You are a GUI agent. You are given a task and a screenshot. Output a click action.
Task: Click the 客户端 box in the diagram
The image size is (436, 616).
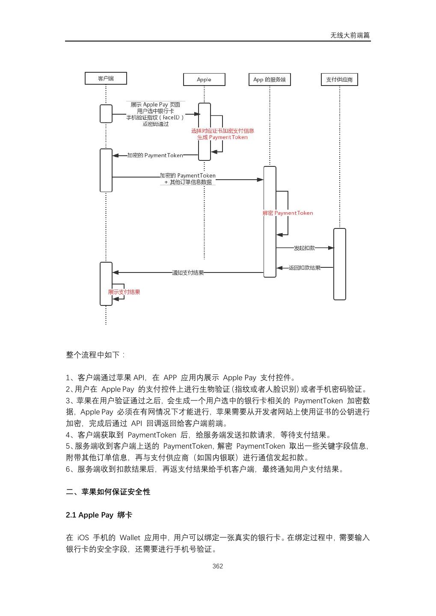(x=106, y=78)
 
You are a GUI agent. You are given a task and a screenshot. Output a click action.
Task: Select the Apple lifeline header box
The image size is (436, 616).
(x=204, y=80)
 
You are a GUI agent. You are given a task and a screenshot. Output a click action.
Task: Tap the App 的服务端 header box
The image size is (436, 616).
(x=270, y=80)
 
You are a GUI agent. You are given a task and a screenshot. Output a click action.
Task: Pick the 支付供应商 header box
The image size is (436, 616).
(x=339, y=80)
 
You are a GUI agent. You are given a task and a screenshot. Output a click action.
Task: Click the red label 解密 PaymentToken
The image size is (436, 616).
(x=288, y=213)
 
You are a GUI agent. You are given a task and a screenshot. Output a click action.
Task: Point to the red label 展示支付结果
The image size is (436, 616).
(x=124, y=292)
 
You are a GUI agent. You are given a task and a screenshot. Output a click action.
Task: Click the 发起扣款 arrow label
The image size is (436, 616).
(x=304, y=248)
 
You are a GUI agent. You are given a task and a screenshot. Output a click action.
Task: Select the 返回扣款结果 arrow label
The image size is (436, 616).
(x=304, y=268)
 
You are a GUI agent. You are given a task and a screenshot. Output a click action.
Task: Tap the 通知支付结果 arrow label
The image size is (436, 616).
(x=188, y=272)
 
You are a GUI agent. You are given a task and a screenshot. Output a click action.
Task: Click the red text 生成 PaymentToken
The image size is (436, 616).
(x=222, y=137)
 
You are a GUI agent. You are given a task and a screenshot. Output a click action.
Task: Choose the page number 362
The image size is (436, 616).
(x=218, y=566)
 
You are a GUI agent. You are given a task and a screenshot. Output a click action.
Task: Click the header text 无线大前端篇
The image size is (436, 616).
(x=350, y=36)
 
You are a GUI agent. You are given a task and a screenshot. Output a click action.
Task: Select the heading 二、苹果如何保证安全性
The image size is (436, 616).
(x=108, y=492)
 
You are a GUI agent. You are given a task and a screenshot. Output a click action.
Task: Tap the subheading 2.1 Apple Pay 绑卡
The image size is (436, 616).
(x=99, y=515)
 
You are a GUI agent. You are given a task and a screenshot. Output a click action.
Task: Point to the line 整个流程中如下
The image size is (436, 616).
(x=95, y=355)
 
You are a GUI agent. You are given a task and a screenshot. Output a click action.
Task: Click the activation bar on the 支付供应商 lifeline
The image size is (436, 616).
(x=340, y=264)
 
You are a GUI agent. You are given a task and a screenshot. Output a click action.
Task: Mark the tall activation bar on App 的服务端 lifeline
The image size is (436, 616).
(x=270, y=222)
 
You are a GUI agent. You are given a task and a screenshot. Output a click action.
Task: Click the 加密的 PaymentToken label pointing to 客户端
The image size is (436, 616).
(x=155, y=155)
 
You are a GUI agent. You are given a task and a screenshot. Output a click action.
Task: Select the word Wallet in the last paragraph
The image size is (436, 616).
(x=130, y=538)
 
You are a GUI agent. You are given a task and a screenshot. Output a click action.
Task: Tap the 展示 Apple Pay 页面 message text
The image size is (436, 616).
(x=155, y=105)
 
